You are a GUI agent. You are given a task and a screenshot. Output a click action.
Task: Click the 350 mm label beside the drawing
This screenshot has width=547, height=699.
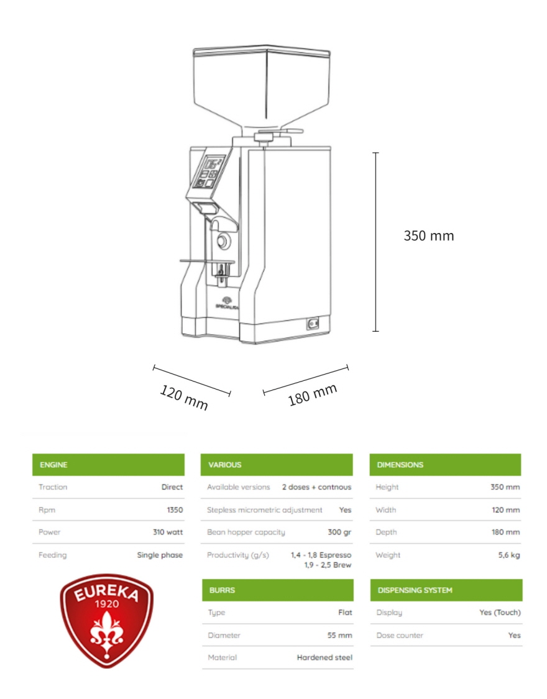pos(428,235)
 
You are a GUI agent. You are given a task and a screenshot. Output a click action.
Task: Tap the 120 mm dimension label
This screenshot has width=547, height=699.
pos(184,397)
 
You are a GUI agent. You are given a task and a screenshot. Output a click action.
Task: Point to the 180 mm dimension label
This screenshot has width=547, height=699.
pos(313,395)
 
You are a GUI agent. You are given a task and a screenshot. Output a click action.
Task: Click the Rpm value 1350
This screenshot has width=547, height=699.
pos(175,509)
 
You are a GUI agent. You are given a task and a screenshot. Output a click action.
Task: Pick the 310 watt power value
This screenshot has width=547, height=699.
pos(168,532)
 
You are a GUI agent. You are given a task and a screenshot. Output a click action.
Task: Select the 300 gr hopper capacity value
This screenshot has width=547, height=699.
pos(339,532)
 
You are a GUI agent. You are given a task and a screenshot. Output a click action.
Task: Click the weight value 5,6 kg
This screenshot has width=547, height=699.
pos(509,555)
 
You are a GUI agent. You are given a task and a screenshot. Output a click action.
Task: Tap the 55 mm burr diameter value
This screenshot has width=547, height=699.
pos(340,635)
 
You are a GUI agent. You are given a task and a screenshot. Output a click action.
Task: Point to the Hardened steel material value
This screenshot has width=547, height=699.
pos(324,657)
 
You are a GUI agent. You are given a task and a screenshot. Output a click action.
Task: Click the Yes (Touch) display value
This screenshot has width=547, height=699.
pos(500,613)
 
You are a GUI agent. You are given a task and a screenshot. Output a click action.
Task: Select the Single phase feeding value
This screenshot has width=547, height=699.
pos(160,555)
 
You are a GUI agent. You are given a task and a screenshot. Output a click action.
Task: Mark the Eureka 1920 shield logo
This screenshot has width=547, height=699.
pos(106,620)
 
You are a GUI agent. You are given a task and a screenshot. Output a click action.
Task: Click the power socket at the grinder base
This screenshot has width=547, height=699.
pos(313,323)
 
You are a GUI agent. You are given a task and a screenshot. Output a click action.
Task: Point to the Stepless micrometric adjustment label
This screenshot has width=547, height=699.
pos(264,509)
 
